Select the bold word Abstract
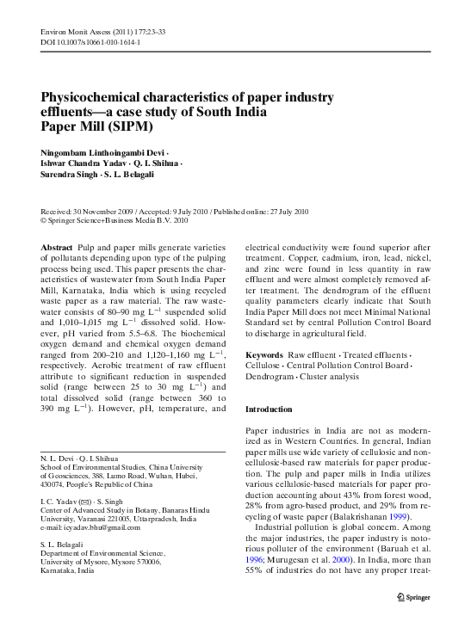[x=56, y=247]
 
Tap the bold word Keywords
[x=264, y=355]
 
